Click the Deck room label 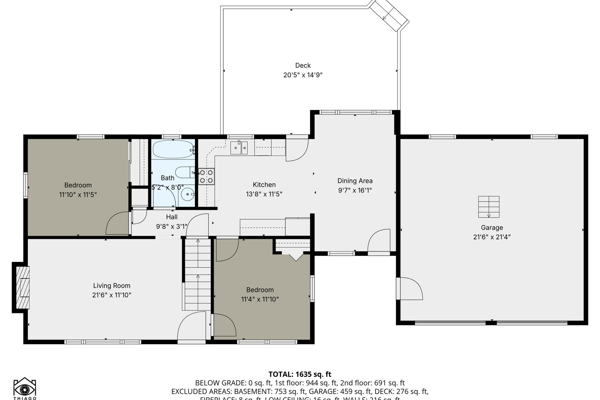303,66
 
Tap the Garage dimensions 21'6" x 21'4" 492,237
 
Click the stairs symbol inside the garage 489,207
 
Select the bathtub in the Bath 172,149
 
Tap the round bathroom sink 188,193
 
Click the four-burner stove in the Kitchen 206,176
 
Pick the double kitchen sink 239,148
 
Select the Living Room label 111,286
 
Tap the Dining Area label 355,181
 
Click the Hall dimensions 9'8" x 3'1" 172,227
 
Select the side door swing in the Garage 410,289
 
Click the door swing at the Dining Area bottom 379,241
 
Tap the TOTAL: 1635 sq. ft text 300,374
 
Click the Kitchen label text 264,185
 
